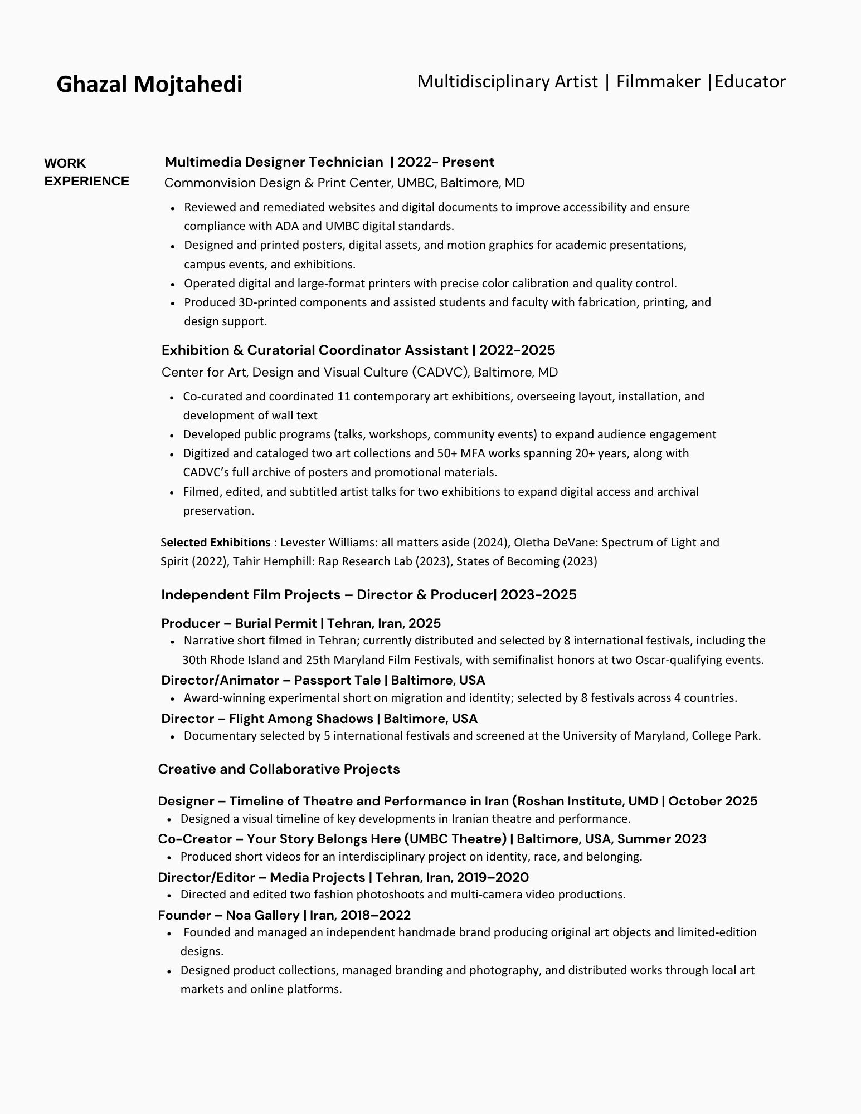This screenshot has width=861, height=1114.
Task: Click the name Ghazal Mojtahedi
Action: [x=149, y=84]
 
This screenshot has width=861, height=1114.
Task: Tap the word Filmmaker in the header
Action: [x=658, y=82]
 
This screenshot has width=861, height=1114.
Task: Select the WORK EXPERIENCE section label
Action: [x=86, y=172]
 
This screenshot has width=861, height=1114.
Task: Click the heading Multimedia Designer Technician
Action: [x=274, y=162]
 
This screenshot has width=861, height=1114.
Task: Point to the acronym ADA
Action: [x=287, y=226]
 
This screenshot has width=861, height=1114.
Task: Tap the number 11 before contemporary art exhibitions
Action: [x=343, y=397]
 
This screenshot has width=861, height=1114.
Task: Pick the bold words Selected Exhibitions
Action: [x=216, y=543]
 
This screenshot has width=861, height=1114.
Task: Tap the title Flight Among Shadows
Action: [x=300, y=719]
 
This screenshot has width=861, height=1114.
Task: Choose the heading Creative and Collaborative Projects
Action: [x=279, y=769]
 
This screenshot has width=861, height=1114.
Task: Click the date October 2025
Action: [x=713, y=801]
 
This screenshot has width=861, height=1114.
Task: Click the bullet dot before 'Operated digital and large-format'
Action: [x=173, y=284]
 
